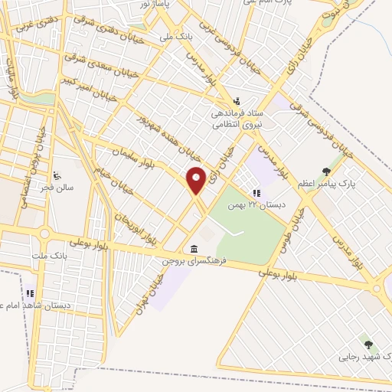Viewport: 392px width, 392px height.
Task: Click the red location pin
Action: click(x=196, y=181)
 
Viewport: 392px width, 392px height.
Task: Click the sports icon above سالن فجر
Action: click(x=58, y=173)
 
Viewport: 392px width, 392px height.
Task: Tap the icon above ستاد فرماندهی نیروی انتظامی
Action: click(x=237, y=100)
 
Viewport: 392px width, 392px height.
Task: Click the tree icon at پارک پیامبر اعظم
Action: click(x=327, y=171)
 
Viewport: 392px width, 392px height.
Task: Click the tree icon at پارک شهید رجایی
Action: click(x=368, y=345)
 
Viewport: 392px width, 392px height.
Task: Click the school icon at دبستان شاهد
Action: click(x=31, y=292)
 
